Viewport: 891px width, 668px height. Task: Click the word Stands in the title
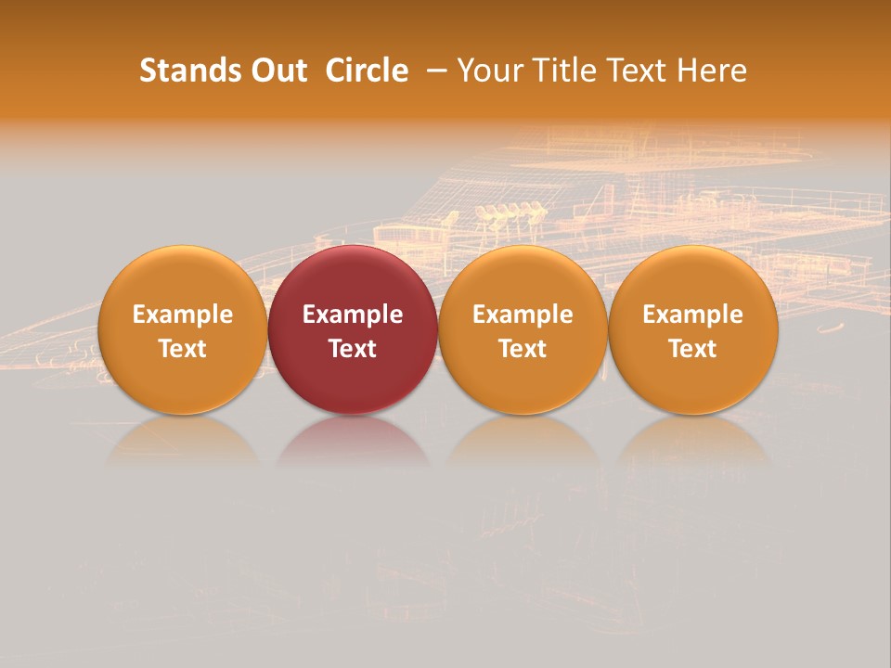click(185, 71)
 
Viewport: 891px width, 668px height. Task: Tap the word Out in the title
click(276, 71)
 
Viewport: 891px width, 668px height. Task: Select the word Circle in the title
click(367, 71)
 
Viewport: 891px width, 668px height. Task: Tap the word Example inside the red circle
click(353, 315)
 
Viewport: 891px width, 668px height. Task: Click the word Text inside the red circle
click(353, 349)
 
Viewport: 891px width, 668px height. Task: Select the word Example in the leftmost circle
click(183, 315)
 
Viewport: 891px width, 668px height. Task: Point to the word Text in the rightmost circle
click(693, 349)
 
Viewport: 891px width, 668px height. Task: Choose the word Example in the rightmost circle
click(693, 315)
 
